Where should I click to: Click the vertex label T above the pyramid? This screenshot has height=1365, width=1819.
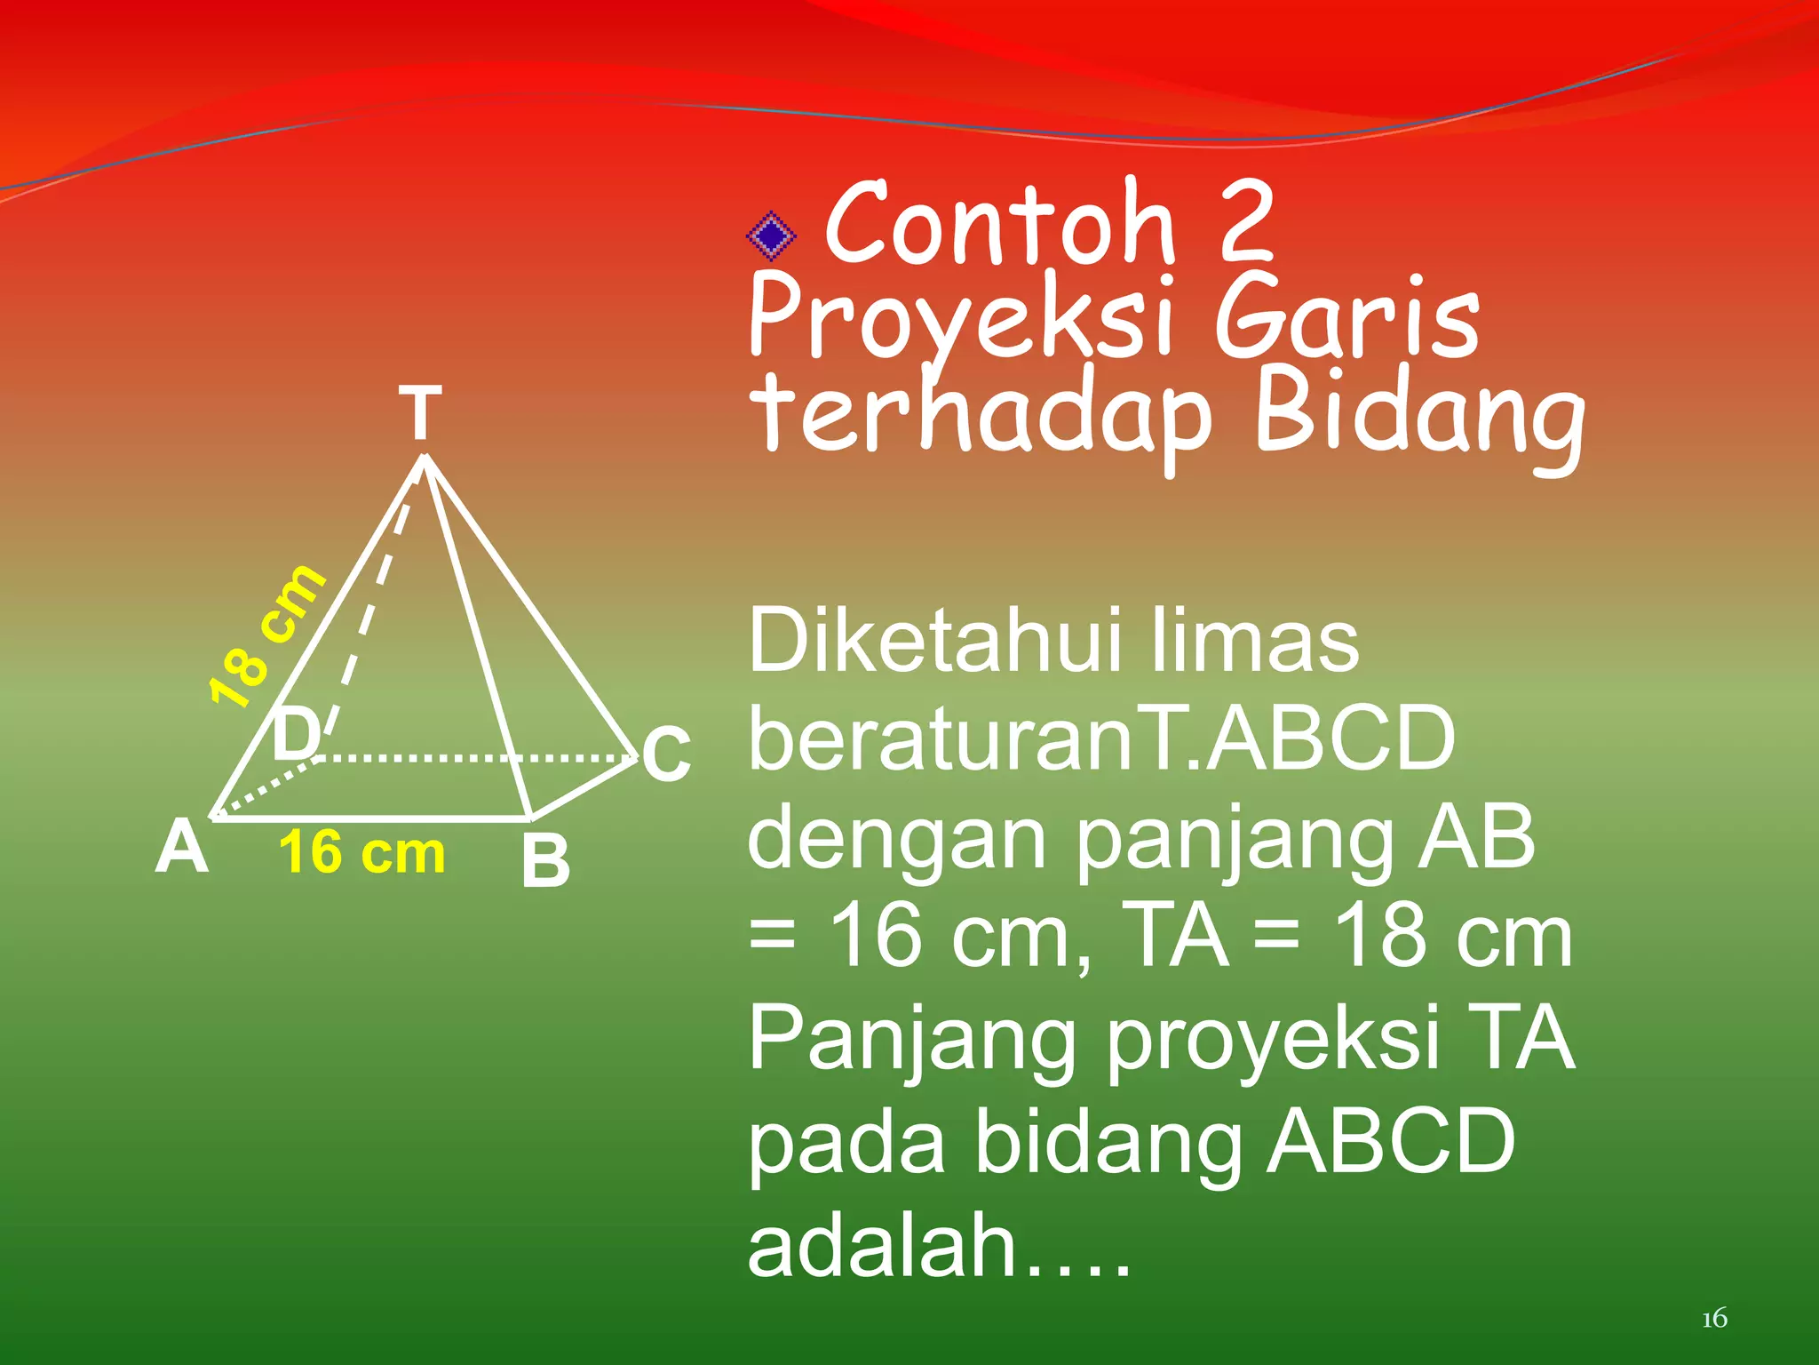coord(420,413)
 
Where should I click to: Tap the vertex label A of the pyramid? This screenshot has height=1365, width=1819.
coord(182,848)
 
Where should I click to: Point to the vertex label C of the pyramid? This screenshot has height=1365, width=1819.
coord(666,754)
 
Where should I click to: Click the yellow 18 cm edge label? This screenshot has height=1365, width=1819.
coord(266,636)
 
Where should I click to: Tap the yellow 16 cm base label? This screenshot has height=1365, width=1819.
coord(361,852)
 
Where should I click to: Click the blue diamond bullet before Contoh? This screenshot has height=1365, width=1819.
coord(771,235)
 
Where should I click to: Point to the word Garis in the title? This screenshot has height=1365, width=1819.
coord(1346,318)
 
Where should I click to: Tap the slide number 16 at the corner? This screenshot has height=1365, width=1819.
coord(1714,1318)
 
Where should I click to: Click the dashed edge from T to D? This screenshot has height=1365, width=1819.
coord(373,604)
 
